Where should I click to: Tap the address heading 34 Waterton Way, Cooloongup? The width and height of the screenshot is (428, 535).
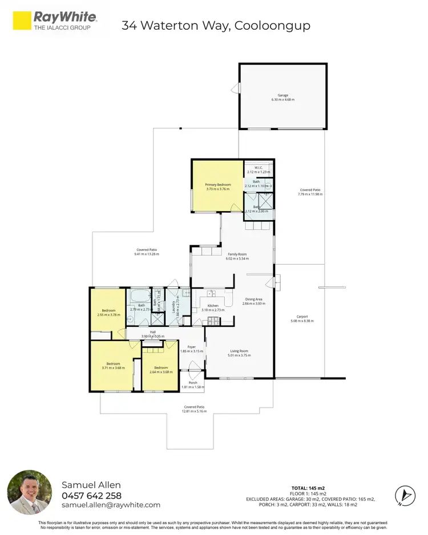click(216, 26)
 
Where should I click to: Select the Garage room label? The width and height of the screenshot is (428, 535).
click(283, 95)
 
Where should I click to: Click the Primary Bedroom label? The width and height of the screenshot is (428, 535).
click(217, 185)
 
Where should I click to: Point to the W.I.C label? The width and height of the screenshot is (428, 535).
click(259, 168)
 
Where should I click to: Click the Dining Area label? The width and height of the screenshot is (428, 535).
click(254, 299)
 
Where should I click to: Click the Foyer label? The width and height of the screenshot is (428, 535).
click(192, 347)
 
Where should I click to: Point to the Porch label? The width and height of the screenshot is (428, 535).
click(192, 383)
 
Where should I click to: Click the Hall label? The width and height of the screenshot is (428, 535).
click(153, 332)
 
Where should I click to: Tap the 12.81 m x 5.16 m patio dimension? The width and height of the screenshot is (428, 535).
click(193, 411)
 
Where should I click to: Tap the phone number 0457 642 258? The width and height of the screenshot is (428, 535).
click(91, 495)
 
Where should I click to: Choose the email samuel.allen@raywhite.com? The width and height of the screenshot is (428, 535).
click(111, 505)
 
